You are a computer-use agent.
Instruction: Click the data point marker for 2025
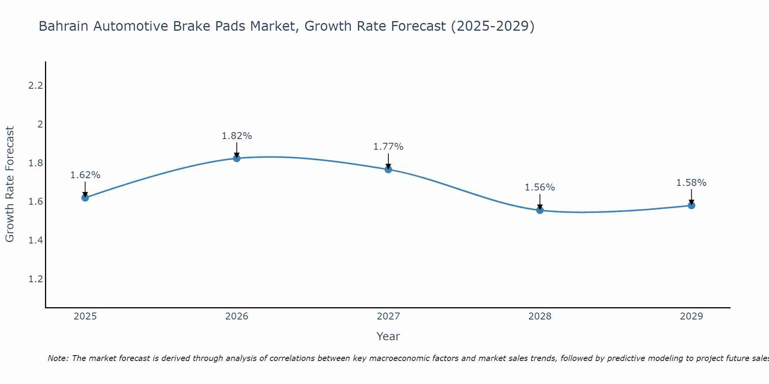[x=85, y=198]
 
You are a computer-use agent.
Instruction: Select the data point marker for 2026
[x=236, y=158]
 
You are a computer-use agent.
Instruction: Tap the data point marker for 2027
[x=388, y=169]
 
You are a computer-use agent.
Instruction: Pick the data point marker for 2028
[x=540, y=210]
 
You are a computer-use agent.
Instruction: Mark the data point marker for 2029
[x=691, y=205]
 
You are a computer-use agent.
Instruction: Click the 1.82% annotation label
[x=236, y=136]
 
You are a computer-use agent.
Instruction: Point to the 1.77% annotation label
[x=388, y=147]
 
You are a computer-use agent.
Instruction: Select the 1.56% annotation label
[x=540, y=187]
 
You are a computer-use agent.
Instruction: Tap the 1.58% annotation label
[x=691, y=183]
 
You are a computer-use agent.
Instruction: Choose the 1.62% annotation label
[x=85, y=175]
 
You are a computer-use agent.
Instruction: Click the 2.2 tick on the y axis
[x=35, y=86]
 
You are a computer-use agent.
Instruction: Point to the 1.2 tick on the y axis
[x=35, y=279]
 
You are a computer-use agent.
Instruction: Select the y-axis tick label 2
[x=40, y=124]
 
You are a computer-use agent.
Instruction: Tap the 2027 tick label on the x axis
[x=388, y=316]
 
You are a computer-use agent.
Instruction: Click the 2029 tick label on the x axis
[x=691, y=316]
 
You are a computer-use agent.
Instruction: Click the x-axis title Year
[x=388, y=336]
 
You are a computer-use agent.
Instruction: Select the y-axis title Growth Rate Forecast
[x=10, y=184]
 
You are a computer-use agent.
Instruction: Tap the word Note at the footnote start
[x=58, y=358]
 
